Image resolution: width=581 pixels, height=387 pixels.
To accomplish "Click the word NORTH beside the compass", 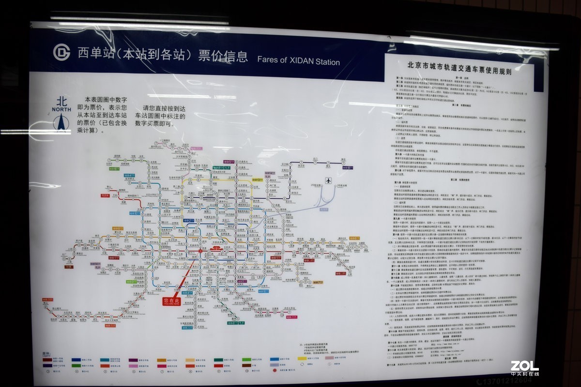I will click(x=61, y=109).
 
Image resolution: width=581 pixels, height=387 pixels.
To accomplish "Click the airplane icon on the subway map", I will click(x=329, y=181).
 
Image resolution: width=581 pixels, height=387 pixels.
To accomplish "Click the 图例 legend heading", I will click(x=46, y=354).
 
